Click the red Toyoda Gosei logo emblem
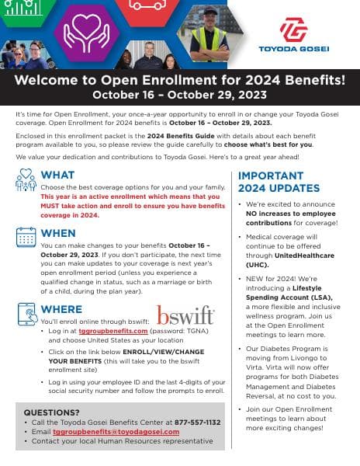click(292, 30)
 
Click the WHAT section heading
click(57, 175)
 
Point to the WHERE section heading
click(61, 309)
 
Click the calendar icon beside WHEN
click(26, 237)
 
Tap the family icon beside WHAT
click(26, 181)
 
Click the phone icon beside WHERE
click(26, 314)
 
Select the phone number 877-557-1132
click(199, 422)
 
